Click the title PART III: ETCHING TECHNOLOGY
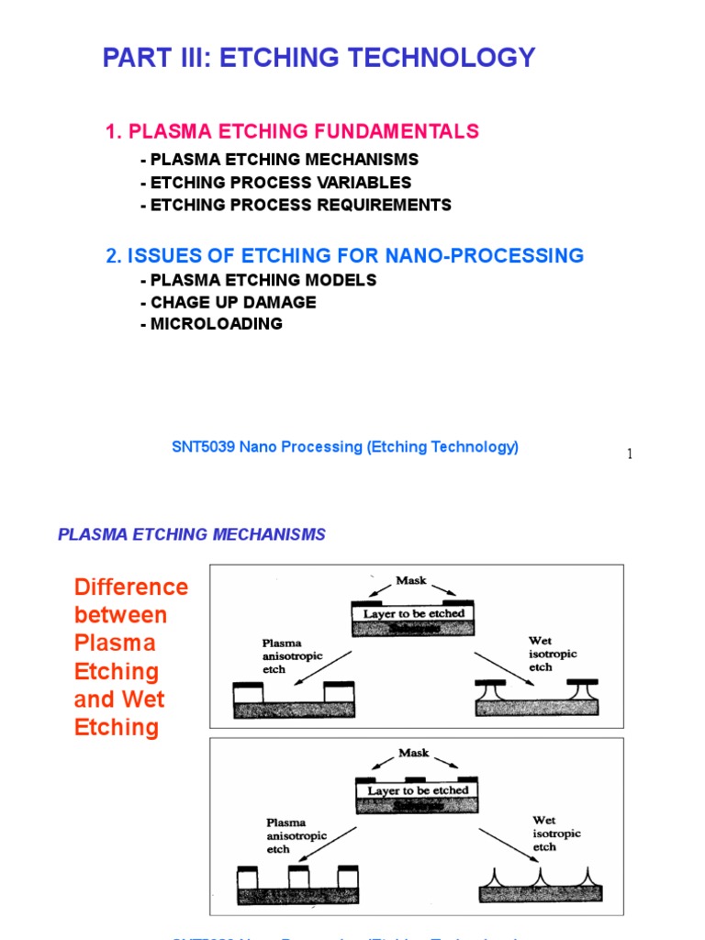[319, 58]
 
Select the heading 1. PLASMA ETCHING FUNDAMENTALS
[292, 131]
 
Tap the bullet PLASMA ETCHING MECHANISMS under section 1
[280, 160]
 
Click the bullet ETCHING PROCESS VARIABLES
[276, 183]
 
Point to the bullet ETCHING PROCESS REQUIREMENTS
[296, 205]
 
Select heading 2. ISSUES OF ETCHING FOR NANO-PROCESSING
[344, 256]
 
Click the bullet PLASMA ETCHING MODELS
[259, 280]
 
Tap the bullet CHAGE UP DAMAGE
[229, 302]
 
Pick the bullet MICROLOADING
[212, 324]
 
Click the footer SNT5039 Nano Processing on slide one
[345, 447]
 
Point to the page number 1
[630, 454]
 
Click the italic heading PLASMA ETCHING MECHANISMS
[192, 534]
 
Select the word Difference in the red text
[131, 587]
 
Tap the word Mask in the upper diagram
[411, 581]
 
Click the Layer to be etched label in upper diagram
[414, 613]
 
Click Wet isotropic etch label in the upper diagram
[553, 654]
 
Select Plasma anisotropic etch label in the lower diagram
[293, 835]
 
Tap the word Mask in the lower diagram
[414, 753]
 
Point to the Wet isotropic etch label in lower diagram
[556, 834]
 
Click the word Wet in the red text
[145, 699]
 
